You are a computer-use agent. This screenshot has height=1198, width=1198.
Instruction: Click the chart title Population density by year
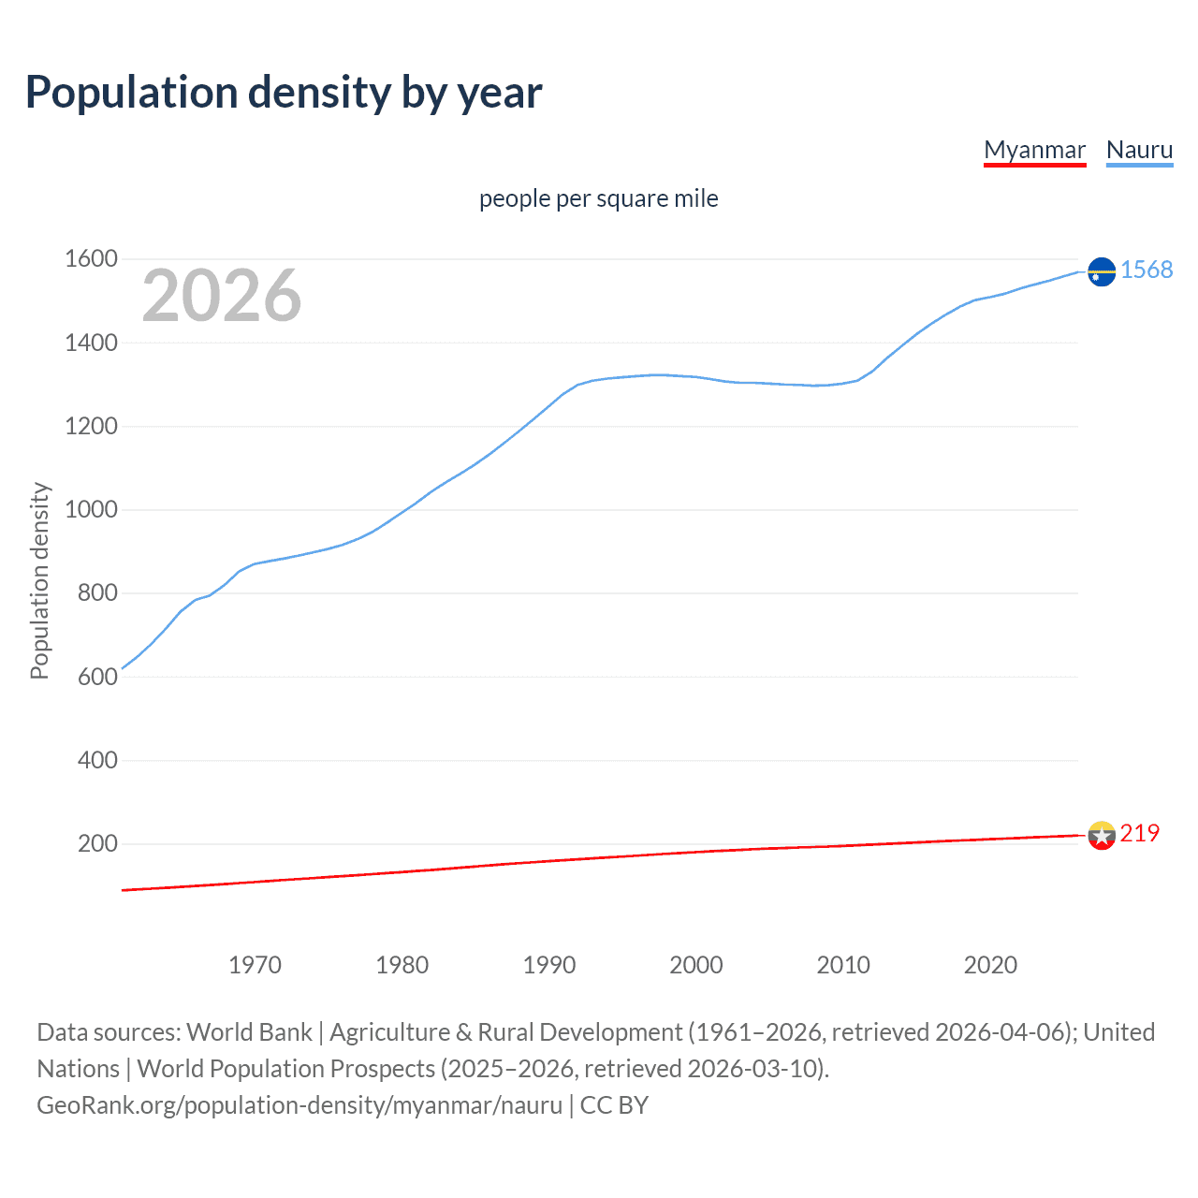pyautogui.click(x=284, y=93)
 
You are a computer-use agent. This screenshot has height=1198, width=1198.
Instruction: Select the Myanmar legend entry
pyautogui.click(x=1034, y=150)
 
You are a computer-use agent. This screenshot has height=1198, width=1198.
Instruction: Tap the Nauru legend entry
pyautogui.click(x=1139, y=150)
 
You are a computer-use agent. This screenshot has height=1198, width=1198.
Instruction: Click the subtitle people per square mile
pyautogui.click(x=598, y=199)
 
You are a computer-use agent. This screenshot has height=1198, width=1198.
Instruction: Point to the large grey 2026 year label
pyautogui.click(x=222, y=296)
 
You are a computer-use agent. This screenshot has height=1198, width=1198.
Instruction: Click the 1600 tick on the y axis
pyautogui.click(x=91, y=259)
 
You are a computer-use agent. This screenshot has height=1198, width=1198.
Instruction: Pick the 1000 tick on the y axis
pyautogui.click(x=91, y=510)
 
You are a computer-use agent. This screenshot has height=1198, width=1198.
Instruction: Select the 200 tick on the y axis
pyautogui.click(x=97, y=844)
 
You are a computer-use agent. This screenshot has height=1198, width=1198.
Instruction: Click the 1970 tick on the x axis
pyautogui.click(x=255, y=965)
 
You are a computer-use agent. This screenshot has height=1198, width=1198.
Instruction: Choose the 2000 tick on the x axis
pyautogui.click(x=696, y=965)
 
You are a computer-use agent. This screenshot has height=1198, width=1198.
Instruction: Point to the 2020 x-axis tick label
pyautogui.click(x=990, y=965)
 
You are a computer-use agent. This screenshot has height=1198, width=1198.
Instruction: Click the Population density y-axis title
pyautogui.click(x=39, y=580)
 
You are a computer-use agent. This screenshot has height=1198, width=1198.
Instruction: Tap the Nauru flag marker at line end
pyautogui.click(x=1102, y=271)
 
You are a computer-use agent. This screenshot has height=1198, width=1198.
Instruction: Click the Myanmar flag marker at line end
pyautogui.click(x=1102, y=835)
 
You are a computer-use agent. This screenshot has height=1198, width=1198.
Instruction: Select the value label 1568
pyautogui.click(x=1147, y=270)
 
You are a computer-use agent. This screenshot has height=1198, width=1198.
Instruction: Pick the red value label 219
pyautogui.click(x=1139, y=834)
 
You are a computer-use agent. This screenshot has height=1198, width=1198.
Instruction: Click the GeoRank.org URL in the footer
pyautogui.click(x=299, y=1105)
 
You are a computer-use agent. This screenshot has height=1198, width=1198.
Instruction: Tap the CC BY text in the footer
pyautogui.click(x=614, y=1105)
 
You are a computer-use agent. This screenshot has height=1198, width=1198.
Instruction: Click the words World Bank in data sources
pyautogui.click(x=249, y=1032)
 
